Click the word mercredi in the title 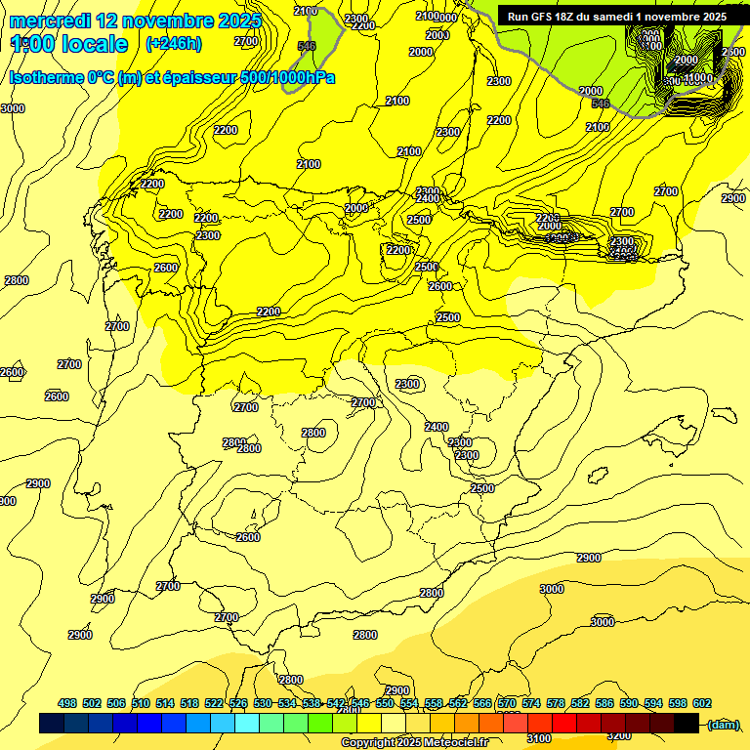[50, 21]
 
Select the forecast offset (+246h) [174, 44]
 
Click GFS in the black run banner [549, 17]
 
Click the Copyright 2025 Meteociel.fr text [414, 743]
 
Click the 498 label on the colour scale [67, 703]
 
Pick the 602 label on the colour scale [702, 703]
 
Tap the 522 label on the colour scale [214, 703]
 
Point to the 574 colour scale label [531, 703]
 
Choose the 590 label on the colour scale [629, 703]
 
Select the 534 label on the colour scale [287, 703]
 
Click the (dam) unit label [724, 724]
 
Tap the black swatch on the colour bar [687, 723]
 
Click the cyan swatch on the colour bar [247, 723]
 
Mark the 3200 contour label [617, 735]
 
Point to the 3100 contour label [538, 738]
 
